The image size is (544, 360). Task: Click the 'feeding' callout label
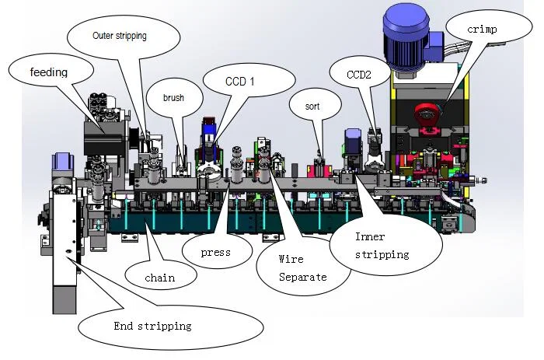(x=49, y=72)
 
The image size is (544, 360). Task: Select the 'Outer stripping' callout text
(x=119, y=36)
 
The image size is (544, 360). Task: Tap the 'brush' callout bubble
(x=173, y=99)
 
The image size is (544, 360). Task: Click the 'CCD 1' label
(x=239, y=79)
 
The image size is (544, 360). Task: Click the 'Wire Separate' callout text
(x=302, y=269)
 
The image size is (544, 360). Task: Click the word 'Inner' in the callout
(x=370, y=237)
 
